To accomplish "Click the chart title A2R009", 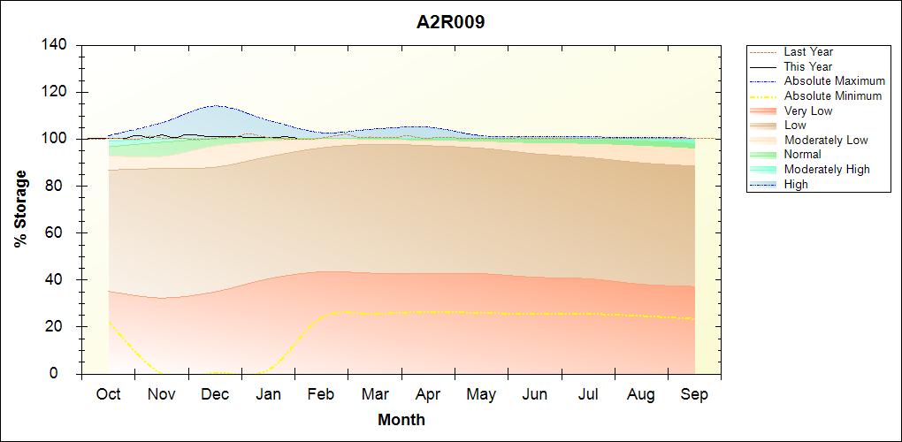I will click(x=450, y=22).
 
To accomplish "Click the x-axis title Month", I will click(x=401, y=420).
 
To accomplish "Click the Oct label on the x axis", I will click(x=108, y=394).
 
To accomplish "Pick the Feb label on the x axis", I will click(x=321, y=394).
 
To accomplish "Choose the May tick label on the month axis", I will click(x=481, y=394).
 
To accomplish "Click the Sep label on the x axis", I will click(x=694, y=394).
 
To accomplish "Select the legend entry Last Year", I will click(x=808, y=52).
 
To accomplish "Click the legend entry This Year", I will click(x=808, y=66).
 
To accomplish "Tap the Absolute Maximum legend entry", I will click(x=834, y=81).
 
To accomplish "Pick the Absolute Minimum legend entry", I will click(x=833, y=95).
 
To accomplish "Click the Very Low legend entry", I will click(x=808, y=110).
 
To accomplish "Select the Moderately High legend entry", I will click(x=827, y=169).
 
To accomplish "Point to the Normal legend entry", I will click(x=803, y=155).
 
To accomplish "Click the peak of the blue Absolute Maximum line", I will click(x=215, y=105).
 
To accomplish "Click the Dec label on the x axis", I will click(x=215, y=394).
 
